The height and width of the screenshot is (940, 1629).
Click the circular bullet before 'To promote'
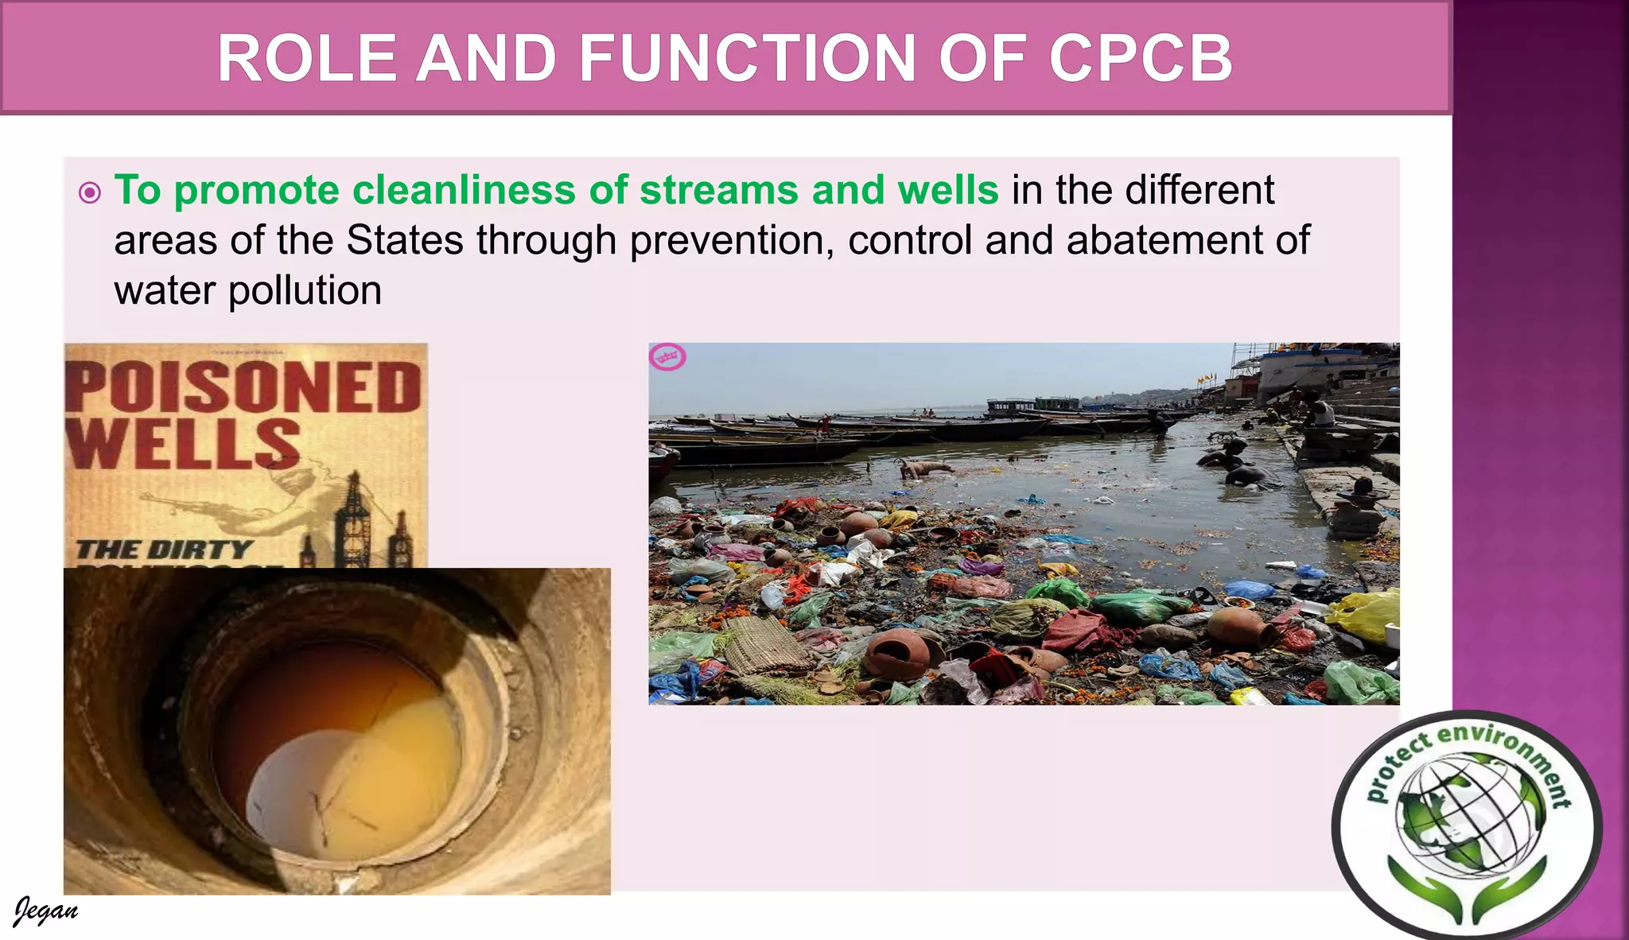click(x=90, y=192)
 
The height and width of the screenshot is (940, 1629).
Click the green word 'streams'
click(x=719, y=191)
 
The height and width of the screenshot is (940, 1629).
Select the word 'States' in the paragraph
click(x=405, y=240)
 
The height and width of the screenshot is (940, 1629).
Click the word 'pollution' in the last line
click(x=305, y=291)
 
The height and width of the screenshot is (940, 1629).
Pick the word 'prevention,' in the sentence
click(x=732, y=240)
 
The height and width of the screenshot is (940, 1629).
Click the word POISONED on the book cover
click(x=243, y=388)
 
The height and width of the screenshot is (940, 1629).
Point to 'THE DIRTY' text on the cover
click(x=164, y=550)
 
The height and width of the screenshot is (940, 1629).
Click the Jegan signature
click(x=45, y=911)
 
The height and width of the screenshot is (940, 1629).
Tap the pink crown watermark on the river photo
click(x=668, y=357)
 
